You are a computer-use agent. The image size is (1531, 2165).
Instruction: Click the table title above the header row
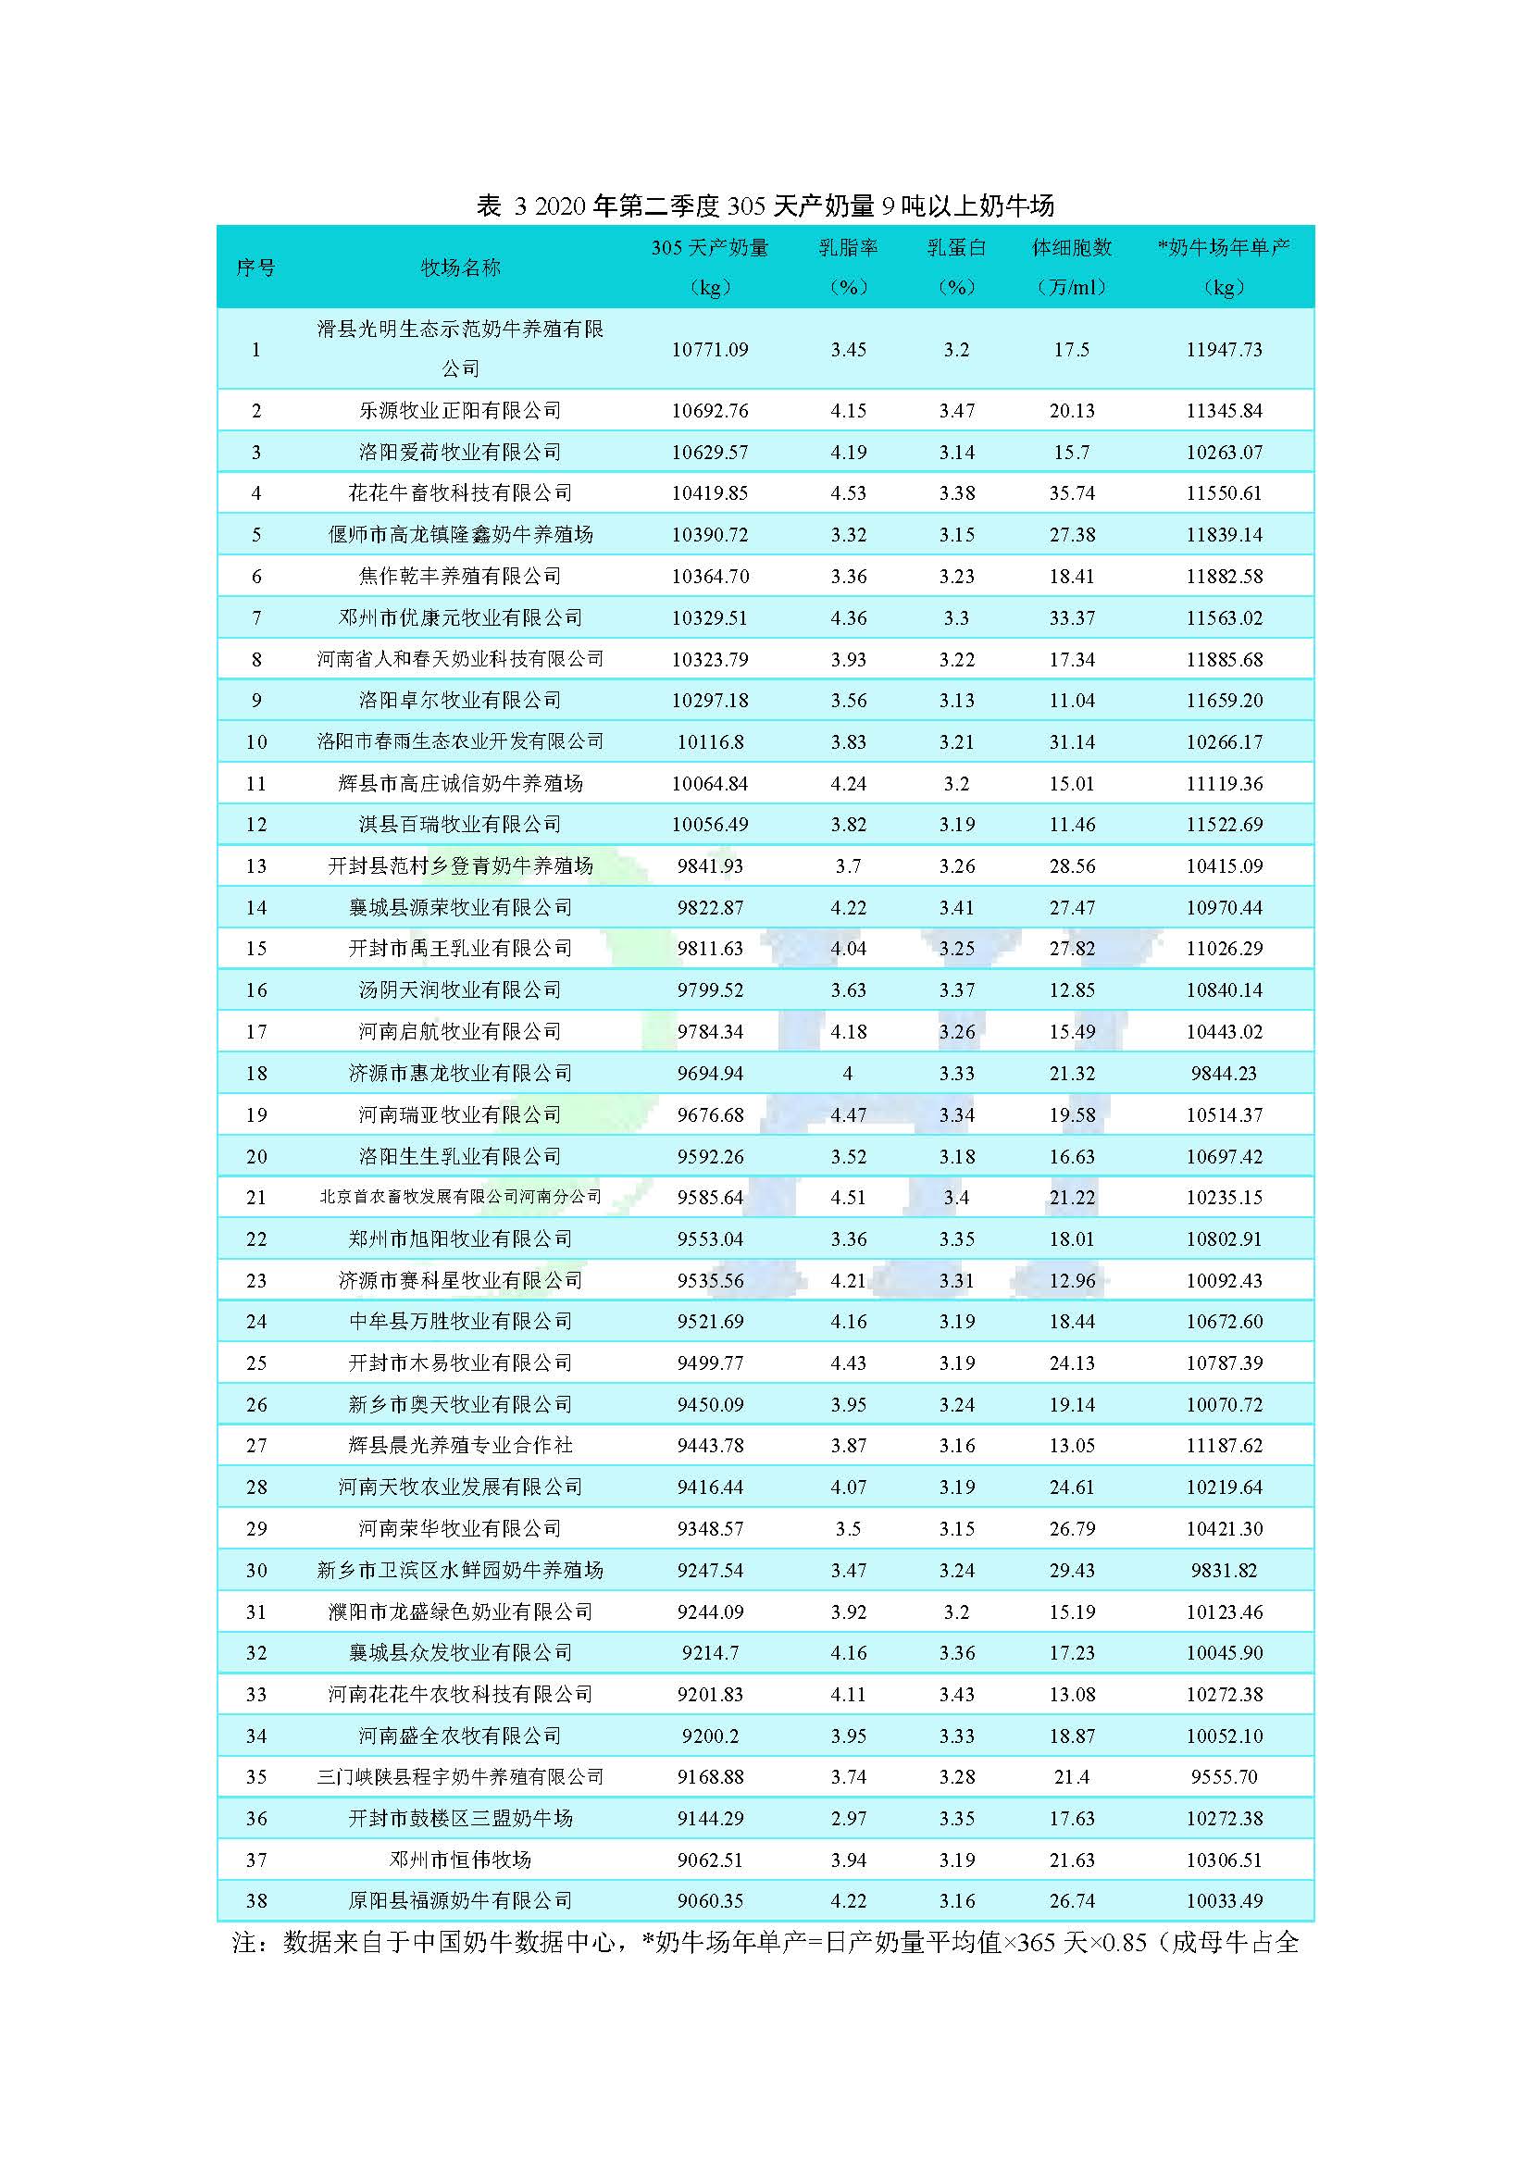[x=765, y=205]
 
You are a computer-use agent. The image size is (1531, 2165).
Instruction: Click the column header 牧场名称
[x=460, y=268]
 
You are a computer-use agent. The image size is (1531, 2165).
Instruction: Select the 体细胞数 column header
[x=1072, y=248]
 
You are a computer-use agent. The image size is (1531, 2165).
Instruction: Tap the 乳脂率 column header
[x=848, y=248]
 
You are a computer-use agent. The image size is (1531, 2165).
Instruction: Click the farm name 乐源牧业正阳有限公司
[x=460, y=411]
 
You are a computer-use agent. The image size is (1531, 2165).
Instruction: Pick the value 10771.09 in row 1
[x=710, y=350]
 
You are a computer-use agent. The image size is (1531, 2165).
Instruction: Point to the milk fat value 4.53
[x=848, y=493]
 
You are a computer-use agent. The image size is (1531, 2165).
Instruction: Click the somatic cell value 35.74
[x=1072, y=493]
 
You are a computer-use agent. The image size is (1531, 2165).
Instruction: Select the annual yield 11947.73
[x=1224, y=350]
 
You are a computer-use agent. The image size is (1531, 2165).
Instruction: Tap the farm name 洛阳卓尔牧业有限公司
[x=460, y=701]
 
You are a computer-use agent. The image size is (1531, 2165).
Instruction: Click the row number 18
[x=256, y=1073]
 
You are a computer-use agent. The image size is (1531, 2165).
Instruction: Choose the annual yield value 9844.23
[x=1224, y=1073]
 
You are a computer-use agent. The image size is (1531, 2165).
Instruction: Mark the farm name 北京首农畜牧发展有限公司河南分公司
[x=460, y=1198]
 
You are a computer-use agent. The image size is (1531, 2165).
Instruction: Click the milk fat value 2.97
[x=848, y=1819]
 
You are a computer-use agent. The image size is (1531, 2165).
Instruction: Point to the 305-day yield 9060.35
[x=710, y=1901]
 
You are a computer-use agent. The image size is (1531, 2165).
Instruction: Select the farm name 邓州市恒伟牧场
[x=460, y=1860]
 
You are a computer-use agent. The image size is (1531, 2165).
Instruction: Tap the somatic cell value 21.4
[x=1072, y=1777]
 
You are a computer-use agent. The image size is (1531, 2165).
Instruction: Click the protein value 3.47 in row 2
[x=956, y=411]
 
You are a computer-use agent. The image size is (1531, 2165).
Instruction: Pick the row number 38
[x=256, y=1901]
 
